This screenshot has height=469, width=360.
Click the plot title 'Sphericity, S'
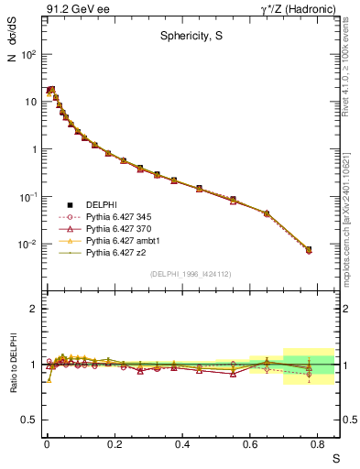pos(190,38)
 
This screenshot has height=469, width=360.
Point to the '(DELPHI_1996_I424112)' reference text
pos(191,273)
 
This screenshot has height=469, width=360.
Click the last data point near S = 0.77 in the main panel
pos(309,249)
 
